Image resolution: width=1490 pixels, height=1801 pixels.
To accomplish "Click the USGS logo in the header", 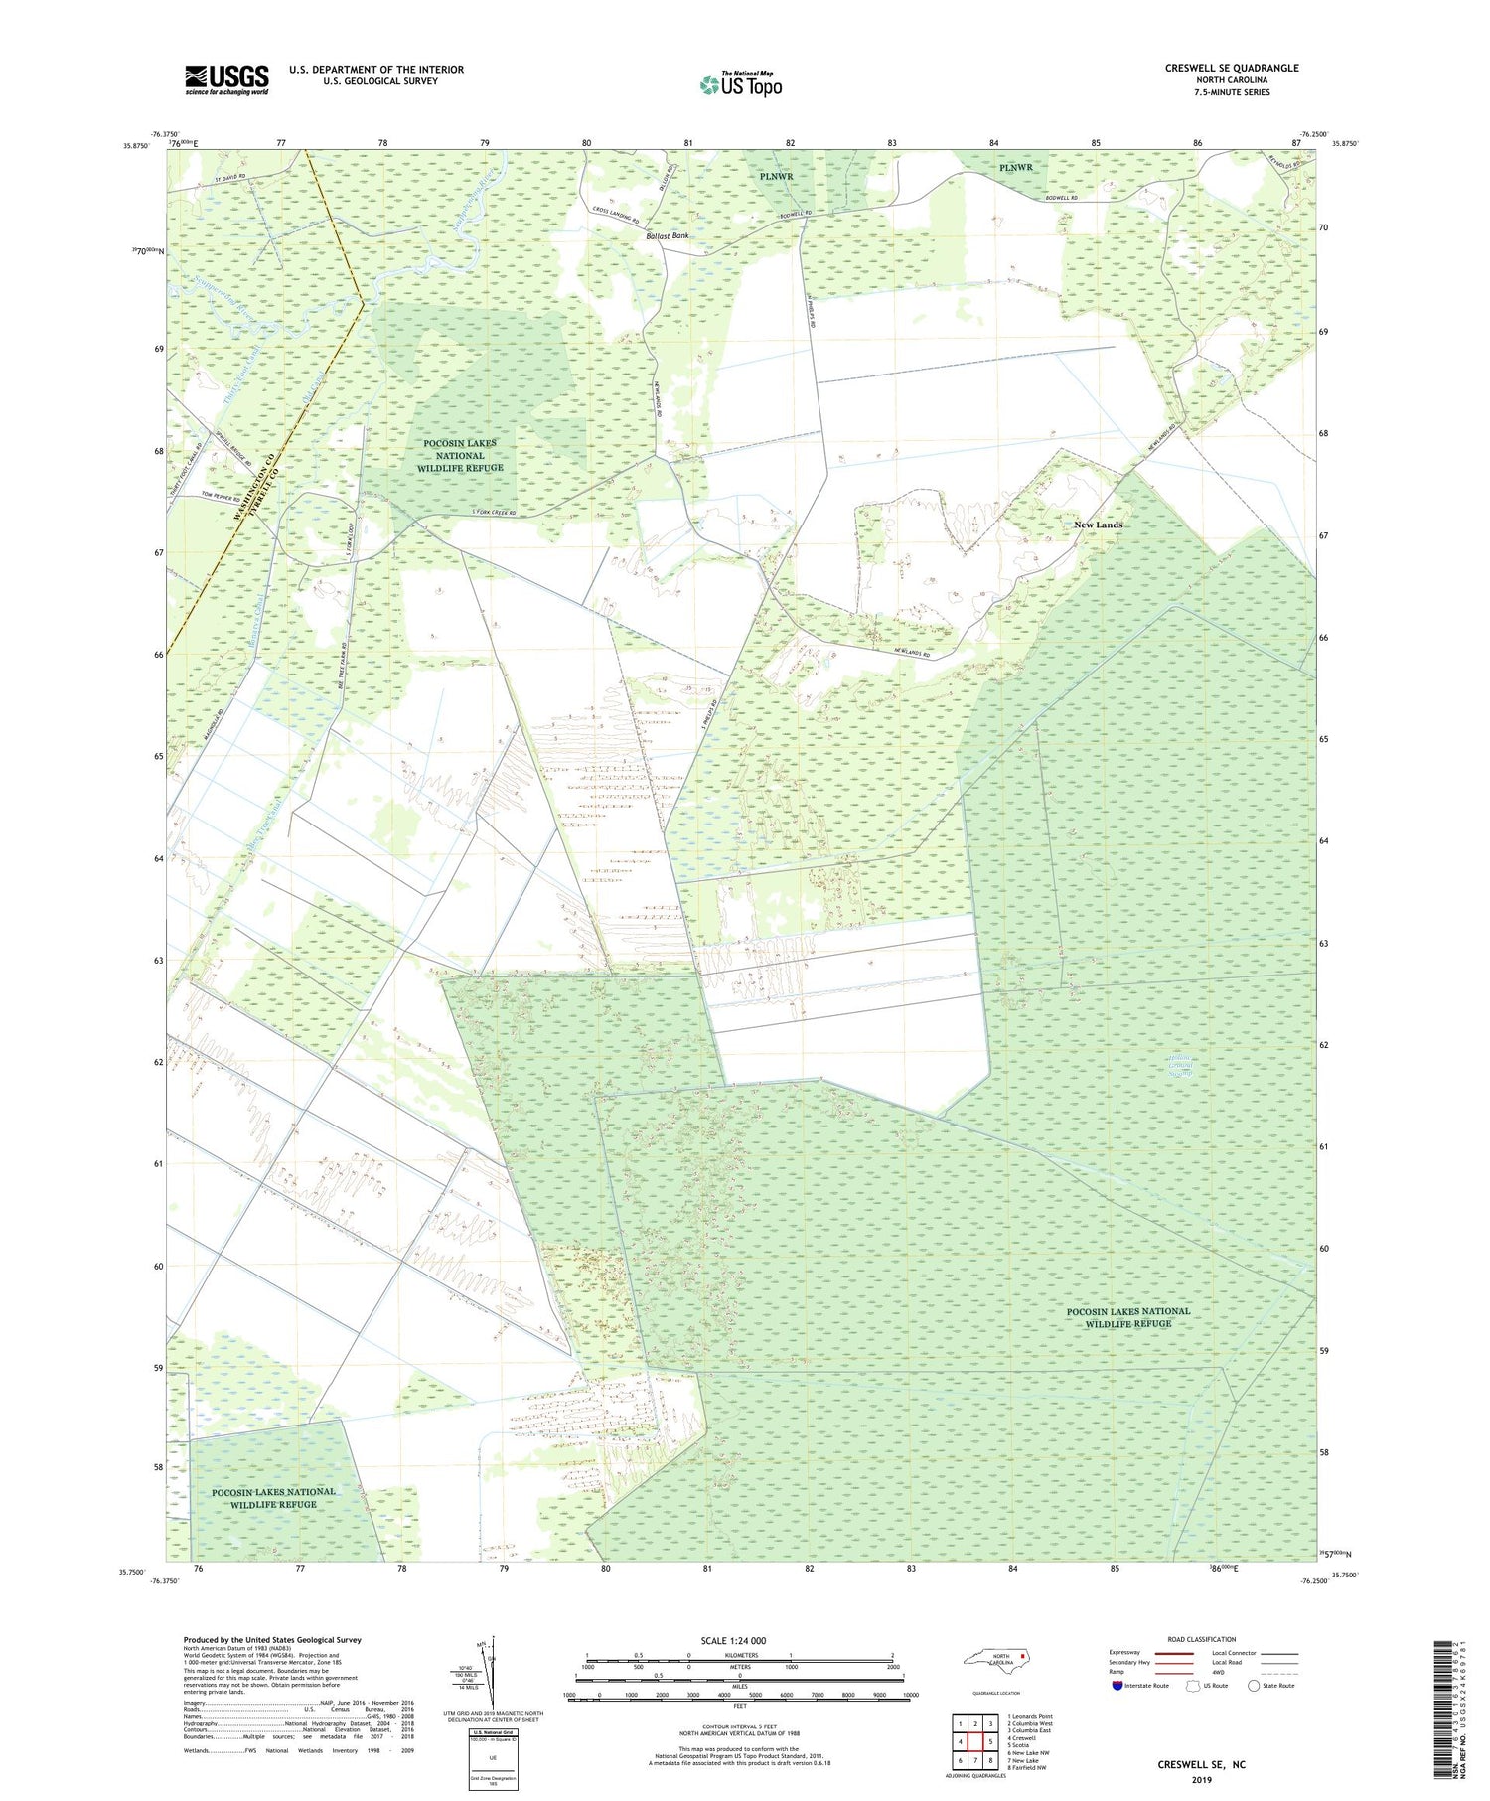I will point(226,79).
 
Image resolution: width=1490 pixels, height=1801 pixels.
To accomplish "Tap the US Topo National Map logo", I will point(740,84).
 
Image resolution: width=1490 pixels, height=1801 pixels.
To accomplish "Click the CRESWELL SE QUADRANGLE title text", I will point(1232,68).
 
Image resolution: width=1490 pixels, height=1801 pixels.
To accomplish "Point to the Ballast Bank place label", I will point(668,236).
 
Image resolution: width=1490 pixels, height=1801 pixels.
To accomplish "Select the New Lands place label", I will point(1098,525).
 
